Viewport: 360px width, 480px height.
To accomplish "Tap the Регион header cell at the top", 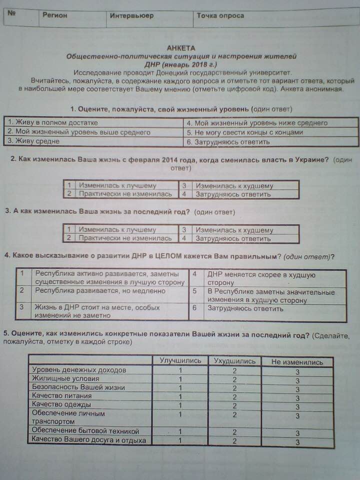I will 54,15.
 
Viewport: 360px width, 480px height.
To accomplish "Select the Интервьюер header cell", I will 131,15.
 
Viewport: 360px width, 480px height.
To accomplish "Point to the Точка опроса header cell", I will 220,15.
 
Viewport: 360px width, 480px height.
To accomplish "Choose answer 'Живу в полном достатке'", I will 53,122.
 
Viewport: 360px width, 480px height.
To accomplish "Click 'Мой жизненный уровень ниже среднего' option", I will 256,123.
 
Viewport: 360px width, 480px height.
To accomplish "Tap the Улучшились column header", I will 180,360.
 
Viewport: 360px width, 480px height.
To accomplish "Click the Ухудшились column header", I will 234,361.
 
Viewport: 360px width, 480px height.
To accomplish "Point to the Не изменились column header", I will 297,362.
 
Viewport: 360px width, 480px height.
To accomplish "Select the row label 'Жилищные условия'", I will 58,378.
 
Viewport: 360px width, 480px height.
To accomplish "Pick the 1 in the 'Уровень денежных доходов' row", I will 180,370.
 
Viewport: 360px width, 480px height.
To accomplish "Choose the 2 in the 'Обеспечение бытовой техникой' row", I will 234,432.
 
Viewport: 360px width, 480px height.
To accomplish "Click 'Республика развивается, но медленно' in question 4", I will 100,290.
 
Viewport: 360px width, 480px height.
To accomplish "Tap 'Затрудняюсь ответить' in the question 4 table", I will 245,309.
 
